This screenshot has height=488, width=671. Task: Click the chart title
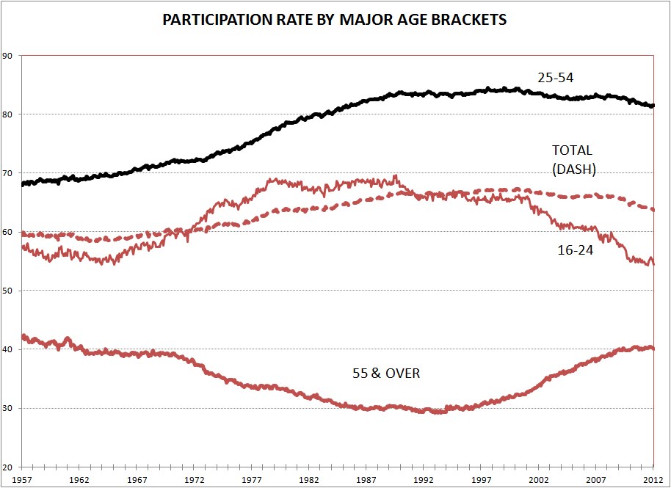coord(335,20)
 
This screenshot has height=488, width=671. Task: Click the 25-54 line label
coord(555,77)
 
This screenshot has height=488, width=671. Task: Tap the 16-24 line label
coord(575,250)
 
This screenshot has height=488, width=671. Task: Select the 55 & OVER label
coord(386,374)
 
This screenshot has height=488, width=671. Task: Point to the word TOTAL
coord(571,150)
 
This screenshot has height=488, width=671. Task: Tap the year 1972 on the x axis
coord(195,478)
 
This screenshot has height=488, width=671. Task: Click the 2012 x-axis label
coord(653,478)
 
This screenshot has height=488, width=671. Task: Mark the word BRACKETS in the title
coord(470,20)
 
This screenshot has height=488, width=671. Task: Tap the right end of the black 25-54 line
coord(653,106)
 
